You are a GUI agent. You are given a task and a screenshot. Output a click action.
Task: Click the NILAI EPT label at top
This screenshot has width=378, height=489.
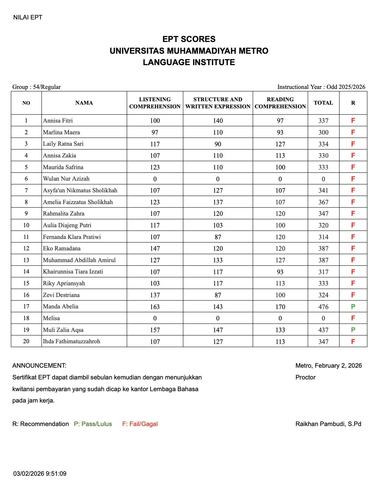[27, 17]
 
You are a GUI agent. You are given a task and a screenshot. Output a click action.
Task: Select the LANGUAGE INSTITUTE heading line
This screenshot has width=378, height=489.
[189, 62]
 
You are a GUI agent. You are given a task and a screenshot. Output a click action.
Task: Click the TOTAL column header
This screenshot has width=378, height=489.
[323, 103]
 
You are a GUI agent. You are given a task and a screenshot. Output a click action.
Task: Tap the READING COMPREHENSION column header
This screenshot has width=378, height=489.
[280, 103]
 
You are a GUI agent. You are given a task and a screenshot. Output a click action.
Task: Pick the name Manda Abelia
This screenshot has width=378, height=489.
[61, 307]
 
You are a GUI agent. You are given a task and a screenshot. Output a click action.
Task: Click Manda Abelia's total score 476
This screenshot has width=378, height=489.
[323, 307]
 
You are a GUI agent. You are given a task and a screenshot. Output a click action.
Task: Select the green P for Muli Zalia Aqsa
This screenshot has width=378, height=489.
[353, 330]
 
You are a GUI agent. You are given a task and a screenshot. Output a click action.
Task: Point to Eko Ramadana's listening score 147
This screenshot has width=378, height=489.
[155, 249]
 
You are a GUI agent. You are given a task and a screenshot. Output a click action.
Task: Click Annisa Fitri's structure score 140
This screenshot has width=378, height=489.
[218, 121]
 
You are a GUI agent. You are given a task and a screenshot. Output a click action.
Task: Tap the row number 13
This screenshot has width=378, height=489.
[26, 260]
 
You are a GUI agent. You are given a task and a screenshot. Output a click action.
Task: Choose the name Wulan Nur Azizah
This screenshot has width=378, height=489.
[66, 179]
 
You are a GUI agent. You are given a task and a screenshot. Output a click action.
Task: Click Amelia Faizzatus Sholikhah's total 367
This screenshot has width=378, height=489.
[323, 202]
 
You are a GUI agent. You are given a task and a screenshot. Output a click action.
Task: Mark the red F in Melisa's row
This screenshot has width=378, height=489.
[353, 318]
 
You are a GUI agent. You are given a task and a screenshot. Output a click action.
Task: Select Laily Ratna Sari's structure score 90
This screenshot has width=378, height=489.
[218, 144]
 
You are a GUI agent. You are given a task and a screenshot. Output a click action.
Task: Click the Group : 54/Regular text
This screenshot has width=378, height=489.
[36, 87]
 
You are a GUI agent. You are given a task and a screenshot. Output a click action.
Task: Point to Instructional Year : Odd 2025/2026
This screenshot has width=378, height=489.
[321, 87]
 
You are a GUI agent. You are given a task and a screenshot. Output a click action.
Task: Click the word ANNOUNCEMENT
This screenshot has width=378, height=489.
[39, 366]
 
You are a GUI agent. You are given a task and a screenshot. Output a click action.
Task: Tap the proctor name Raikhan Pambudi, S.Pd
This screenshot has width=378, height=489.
[328, 424]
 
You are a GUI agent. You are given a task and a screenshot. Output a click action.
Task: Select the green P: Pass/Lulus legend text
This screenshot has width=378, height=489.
[93, 424]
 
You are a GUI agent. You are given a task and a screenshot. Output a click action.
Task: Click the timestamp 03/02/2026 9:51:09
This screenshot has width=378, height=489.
[40, 474]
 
